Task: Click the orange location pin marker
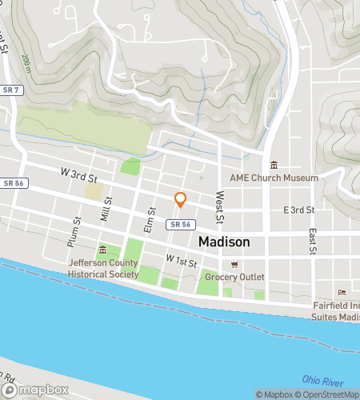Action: (x=180, y=200)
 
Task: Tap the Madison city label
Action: (x=223, y=242)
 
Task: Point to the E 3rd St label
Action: (x=299, y=210)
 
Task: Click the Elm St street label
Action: (x=148, y=218)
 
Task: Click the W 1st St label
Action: (x=182, y=260)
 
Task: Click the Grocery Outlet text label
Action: (x=234, y=277)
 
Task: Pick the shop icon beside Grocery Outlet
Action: (x=234, y=264)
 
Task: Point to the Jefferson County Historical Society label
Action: (x=103, y=268)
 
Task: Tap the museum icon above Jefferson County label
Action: (x=103, y=250)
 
